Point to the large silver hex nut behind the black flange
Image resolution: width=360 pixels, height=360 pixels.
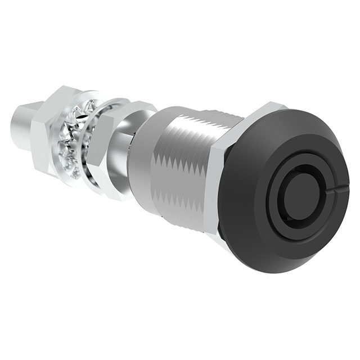220,186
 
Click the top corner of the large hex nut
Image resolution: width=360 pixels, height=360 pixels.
269,105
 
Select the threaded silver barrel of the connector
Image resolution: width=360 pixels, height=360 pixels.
180,169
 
